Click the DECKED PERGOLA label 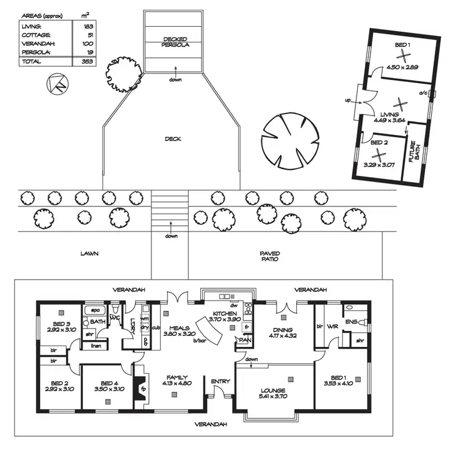176,42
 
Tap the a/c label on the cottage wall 422,93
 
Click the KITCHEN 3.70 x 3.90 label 223,315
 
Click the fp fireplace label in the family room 144,389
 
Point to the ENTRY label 220,382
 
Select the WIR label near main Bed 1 332,327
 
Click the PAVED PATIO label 269,256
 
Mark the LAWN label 89,253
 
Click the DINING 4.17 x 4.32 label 282,332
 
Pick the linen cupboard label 95,346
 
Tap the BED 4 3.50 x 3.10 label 109,385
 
